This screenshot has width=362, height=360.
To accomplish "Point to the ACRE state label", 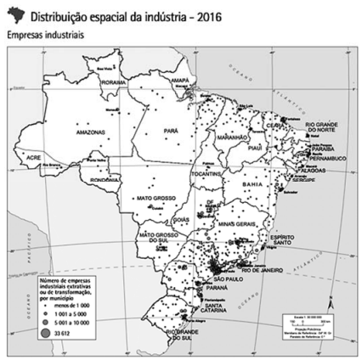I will tap(34, 159).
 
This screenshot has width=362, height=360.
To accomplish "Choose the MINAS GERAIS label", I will tap(231, 223).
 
